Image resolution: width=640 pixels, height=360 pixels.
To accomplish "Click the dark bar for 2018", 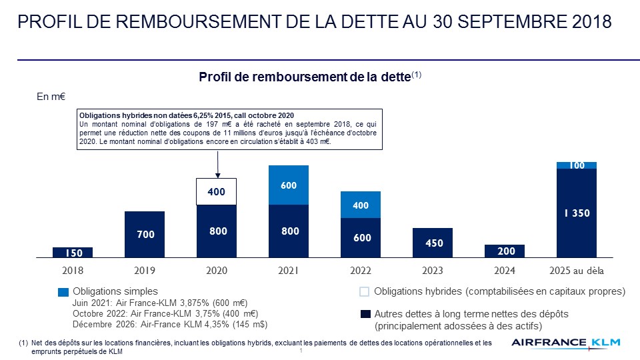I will tap(73, 252).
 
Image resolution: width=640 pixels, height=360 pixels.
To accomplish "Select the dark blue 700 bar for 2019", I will tap(145, 234).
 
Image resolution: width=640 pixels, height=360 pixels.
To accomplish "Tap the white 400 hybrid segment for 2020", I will tap(217, 191).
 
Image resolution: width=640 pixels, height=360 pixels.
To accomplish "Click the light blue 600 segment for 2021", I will tap(289, 185).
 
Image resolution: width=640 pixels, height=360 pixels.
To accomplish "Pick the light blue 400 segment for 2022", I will tap(361, 205).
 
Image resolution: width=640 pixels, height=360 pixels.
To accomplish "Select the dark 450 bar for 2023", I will tap(433, 243).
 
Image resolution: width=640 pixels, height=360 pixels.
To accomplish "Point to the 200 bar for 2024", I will tap(505, 251).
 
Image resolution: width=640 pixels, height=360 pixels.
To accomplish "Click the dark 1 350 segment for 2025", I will tap(577, 213).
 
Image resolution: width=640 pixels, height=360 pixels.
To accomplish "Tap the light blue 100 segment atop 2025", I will tap(577, 165).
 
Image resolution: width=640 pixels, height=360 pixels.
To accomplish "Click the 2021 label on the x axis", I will tap(289, 271).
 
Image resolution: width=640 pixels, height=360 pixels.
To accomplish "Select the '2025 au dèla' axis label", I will tap(577, 271).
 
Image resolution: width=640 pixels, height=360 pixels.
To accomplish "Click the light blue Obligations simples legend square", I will tap(63, 292).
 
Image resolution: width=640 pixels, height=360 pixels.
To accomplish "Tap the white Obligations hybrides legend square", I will tap(364, 292).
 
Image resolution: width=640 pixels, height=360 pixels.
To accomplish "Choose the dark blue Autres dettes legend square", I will tap(364, 314).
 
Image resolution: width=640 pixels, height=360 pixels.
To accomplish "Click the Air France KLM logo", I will tap(566, 343).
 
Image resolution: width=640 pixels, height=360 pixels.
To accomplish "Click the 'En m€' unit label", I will tap(50, 97).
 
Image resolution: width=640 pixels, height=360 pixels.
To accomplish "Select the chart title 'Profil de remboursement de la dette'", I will tap(305, 77).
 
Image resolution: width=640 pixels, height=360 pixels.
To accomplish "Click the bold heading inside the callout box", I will tap(187, 115).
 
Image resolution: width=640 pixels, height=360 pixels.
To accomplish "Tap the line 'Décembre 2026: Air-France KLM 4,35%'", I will tap(170, 324).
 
